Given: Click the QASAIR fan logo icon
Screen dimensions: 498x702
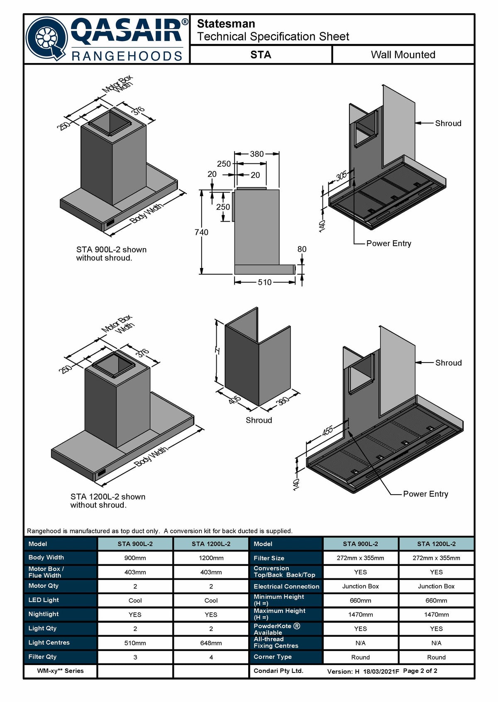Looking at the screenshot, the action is (x=47, y=39).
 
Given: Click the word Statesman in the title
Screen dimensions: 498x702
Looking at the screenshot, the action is (x=226, y=24).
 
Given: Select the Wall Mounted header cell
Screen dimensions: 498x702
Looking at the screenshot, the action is (x=403, y=54).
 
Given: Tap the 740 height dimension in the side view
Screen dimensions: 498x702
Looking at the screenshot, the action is (x=201, y=232).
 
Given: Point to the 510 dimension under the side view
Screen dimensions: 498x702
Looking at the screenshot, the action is (x=264, y=283).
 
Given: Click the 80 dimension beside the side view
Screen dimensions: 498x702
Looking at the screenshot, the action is (x=302, y=249).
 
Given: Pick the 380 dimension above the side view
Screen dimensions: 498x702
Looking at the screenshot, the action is (x=257, y=154).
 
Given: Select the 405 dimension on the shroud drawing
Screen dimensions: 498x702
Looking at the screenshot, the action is (x=234, y=399).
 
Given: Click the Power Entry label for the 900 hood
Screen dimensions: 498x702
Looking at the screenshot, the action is (x=388, y=244).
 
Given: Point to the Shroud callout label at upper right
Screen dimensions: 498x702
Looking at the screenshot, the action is (x=448, y=123).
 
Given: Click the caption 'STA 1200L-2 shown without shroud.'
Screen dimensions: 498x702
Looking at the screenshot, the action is (x=108, y=501).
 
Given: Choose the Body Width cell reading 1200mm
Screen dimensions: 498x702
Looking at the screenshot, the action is (x=211, y=558).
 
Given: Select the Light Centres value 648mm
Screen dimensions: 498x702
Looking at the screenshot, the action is (x=211, y=643).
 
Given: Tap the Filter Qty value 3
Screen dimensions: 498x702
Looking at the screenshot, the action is (x=135, y=657).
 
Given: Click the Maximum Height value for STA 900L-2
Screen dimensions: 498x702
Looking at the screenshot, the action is (x=360, y=614).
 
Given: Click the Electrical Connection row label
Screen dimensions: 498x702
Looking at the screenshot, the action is (x=286, y=586).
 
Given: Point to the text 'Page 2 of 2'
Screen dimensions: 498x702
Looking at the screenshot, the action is (x=420, y=670).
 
